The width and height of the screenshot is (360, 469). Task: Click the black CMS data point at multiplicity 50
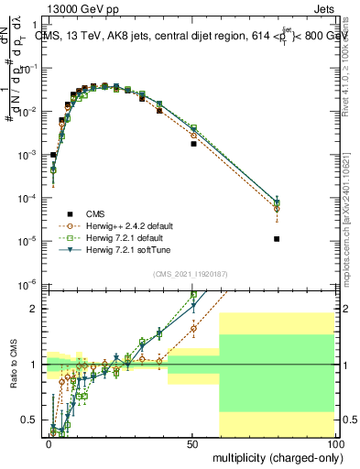192,144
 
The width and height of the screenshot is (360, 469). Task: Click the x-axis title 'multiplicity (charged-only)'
273,455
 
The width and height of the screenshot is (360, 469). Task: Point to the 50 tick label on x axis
192,442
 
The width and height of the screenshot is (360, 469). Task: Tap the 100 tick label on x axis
335,442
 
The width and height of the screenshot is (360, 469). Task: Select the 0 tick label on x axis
49,442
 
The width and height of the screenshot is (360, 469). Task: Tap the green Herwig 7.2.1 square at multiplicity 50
192,127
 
